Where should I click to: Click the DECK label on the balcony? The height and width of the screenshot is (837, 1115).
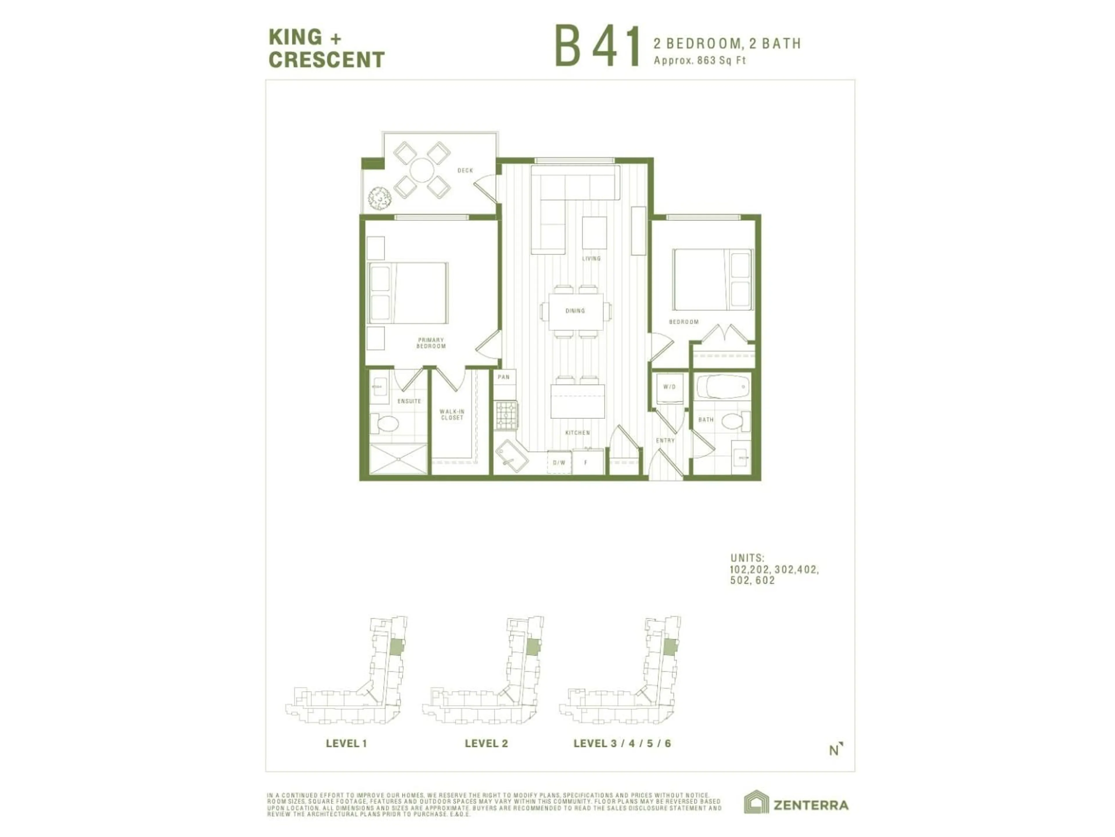click(x=465, y=171)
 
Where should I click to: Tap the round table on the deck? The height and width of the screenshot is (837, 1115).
click(x=421, y=170)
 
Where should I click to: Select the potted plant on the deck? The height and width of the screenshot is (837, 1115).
click(x=379, y=198)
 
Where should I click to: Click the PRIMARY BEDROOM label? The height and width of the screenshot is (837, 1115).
click(x=431, y=343)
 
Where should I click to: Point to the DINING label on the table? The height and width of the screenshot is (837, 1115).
click(x=575, y=311)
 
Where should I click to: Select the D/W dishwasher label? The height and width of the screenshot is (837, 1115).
click(x=559, y=463)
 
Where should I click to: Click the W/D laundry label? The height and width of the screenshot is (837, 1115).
click(x=669, y=387)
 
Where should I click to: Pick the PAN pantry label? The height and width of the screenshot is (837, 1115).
click(x=503, y=377)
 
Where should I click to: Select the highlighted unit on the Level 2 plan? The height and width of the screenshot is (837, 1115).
click(x=532, y=647)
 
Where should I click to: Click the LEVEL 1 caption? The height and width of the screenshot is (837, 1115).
click(x=346, y=743)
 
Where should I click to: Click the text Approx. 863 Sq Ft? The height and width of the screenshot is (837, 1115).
click(x=700, y=60)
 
